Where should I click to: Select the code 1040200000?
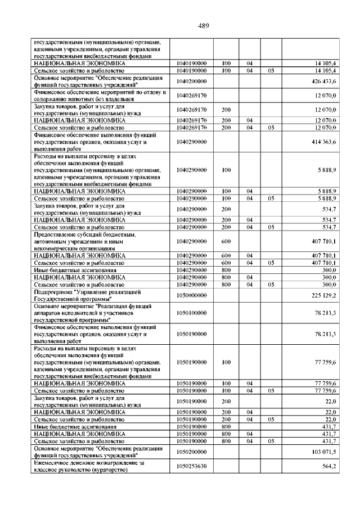(x=191, y=82)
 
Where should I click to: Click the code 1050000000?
(x=191, y=295)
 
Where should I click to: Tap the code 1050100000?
(x=191, y=313)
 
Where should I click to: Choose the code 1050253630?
(x=191, y=466)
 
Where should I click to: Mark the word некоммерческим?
(x=55, y=247)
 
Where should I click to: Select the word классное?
(x=46, y=470)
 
